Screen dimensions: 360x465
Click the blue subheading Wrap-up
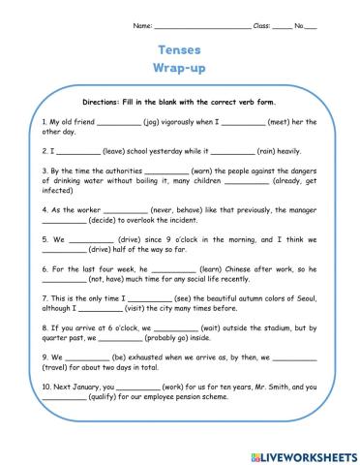click(x=179, y=68)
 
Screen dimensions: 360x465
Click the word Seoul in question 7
click(x=294, y=299)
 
